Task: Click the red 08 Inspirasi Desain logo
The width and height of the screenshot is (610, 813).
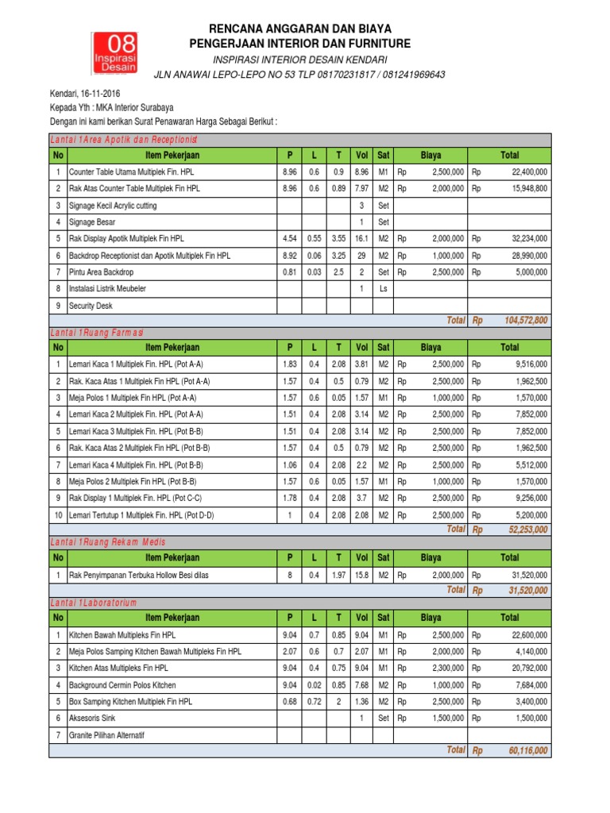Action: click(114, 54)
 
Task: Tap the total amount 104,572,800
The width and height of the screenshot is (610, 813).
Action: click(525, 320)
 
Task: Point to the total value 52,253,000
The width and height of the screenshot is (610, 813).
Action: click(527, 530)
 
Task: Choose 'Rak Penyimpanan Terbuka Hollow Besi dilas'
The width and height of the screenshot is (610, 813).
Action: click(139, 574)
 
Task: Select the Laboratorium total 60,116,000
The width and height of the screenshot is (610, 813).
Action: click(527, 750)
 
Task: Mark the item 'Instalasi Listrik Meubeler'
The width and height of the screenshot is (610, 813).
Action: click(107, 288)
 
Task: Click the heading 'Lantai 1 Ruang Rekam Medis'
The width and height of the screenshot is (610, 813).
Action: click(107, 541)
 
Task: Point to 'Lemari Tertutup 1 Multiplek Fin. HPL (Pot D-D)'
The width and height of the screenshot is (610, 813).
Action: click(141, 515)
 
